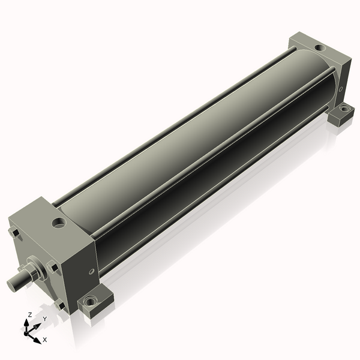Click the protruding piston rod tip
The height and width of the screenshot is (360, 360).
tap(13, 282)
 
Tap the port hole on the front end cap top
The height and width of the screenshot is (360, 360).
tap(59, 224)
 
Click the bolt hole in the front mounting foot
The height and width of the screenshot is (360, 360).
tap(91, 300)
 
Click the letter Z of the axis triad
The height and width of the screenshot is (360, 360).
tap(30, 314)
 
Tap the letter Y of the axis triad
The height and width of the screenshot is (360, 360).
tap(44, 319)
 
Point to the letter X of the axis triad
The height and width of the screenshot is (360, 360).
tap(45, 340)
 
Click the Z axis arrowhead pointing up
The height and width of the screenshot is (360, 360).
tap(28, 322)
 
